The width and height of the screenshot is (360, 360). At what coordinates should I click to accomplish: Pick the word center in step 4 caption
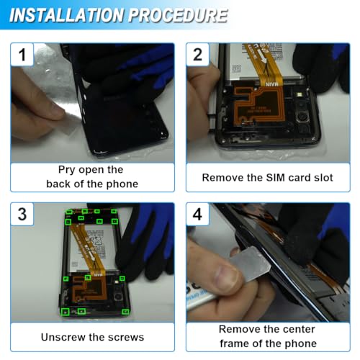pyautogui.click(x=297, y=330)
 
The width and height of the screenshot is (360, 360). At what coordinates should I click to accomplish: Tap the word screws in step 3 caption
pyautogui.click(x=125, y=336)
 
